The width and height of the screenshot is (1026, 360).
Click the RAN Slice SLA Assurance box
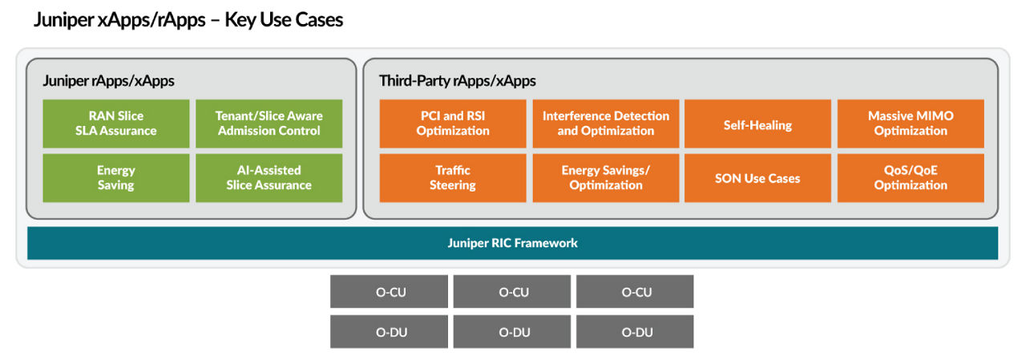(x=116, y=123)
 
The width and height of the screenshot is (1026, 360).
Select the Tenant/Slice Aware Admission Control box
(x=269, y=123)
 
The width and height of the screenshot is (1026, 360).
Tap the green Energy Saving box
(x=116, y=178)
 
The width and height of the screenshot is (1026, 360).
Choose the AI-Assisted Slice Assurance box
(x=269, y=178)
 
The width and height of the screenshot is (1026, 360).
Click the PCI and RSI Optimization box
(x=453, y=123)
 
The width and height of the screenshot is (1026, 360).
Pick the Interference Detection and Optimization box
(x=606, y=123)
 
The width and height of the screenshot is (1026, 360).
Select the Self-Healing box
(x=757, y=124)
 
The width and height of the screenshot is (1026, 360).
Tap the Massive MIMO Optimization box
(x=911, y=123)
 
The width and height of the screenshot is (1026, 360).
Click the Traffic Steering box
(x=453, y=178)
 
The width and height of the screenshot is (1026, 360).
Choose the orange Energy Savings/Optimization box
(x=606, y=178)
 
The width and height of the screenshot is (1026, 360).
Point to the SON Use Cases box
(x=757, y=178)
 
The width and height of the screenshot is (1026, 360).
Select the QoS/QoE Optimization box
(x=911, y=178)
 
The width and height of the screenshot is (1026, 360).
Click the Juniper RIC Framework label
(x=512, y=243)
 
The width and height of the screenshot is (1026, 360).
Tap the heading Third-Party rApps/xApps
(x=457, y=81)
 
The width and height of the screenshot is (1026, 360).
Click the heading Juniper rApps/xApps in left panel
(x=108, y=81)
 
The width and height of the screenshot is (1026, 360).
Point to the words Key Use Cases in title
(x=284, y=20)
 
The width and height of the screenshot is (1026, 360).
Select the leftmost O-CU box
(x=390, y=292)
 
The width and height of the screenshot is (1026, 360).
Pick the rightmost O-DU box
(x=635, y=332)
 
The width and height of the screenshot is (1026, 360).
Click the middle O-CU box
(x=512, y=292)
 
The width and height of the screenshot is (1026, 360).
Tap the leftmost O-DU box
(x=390, y=332)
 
